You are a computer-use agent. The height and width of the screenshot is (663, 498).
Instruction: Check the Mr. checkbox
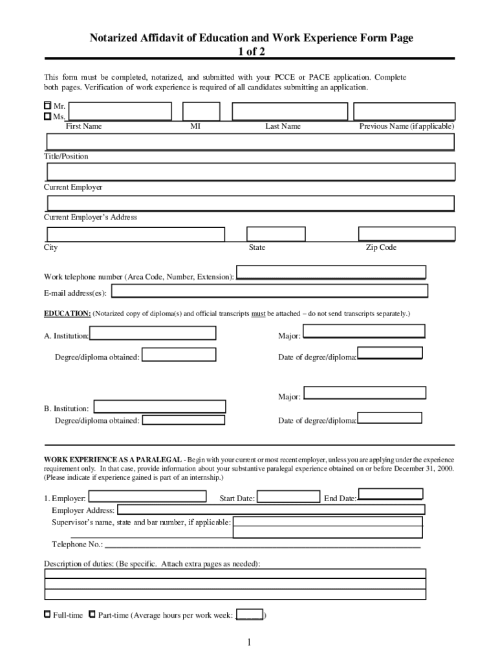(47, 105)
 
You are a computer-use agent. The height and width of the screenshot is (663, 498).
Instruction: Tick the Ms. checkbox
(47, 116)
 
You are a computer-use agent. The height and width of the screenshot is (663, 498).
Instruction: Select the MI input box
(202, 111)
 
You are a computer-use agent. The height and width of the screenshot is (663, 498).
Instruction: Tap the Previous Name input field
(404, 111)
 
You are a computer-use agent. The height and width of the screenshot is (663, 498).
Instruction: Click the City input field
(135, 234)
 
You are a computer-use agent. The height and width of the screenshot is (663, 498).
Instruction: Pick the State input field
(277, 234)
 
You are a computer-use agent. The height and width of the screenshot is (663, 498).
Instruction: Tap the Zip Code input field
(407, 234)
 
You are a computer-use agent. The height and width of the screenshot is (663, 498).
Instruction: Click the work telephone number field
(331, 272)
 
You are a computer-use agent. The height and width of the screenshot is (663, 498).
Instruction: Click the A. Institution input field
(153, 333)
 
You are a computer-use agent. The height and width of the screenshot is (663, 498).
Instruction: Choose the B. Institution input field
(160, 407)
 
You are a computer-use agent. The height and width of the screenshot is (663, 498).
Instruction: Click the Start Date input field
(288, 497)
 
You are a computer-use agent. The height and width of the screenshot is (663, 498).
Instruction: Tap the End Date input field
(391, 494)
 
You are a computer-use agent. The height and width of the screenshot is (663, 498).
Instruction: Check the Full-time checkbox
(47, 614)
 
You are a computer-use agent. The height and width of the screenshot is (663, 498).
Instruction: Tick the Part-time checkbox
(92, 614)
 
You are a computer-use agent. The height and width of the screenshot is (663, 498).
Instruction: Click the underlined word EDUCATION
(67, 313)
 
